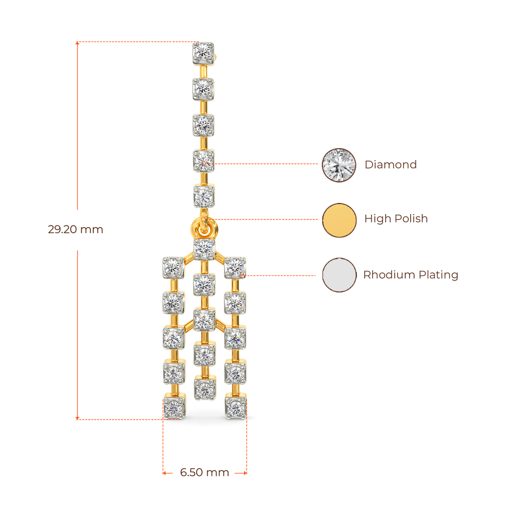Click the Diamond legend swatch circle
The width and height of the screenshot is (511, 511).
point(339,165)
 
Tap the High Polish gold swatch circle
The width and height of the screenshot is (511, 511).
point(339,220)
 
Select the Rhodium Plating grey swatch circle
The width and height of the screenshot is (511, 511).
point(339,275)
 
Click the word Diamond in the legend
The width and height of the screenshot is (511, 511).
point(391,165)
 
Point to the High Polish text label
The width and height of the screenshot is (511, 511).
point(396,219)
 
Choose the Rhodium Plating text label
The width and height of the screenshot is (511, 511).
point(411,275)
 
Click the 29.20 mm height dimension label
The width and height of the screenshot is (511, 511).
point(75,230)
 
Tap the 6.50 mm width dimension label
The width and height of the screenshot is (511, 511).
point(205,473)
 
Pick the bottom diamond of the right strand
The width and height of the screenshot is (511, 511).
point(236,406)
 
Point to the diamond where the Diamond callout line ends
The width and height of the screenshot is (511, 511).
point(204,161)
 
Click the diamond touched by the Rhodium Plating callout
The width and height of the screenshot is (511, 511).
point(235,267)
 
